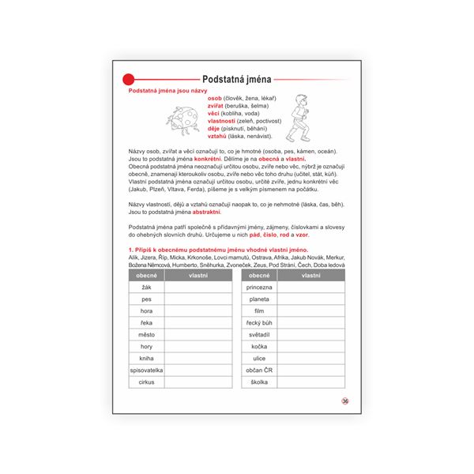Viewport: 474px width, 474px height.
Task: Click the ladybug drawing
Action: pyautogui.click(x=180, y=118)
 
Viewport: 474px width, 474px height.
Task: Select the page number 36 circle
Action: pyautogui.click(x=344, y=401)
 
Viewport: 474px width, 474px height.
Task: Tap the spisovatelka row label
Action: pyautogui.click(x=146, y=370)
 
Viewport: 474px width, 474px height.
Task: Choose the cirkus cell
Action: pyautogui.click(x=146, y=382)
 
